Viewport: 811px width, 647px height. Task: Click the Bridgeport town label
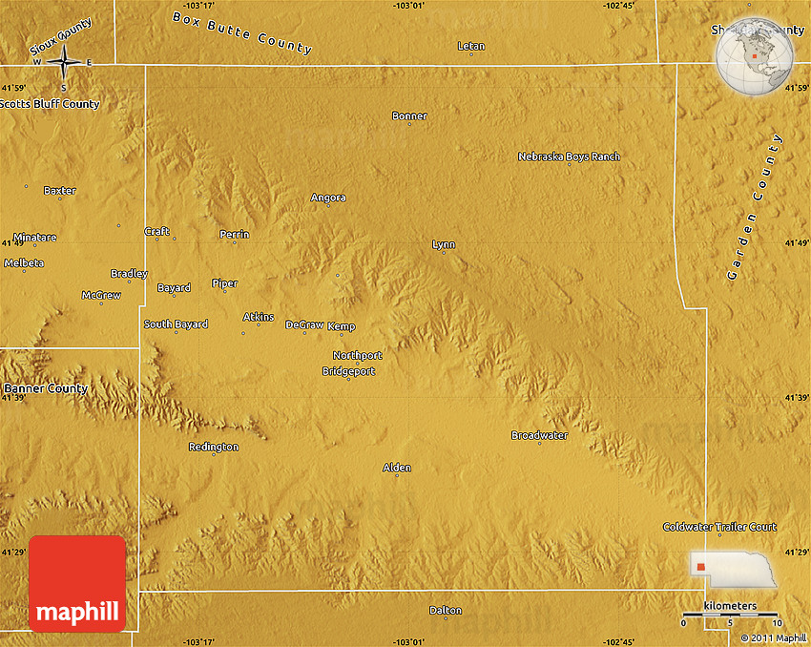(348, 371)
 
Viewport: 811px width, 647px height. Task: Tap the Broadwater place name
(539, 435)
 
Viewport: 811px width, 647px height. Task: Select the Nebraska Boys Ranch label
(569, 157)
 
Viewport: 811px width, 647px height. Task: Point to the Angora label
(328, 198)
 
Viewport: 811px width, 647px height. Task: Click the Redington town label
(213, 447)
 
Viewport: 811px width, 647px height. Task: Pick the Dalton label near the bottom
(446, 610)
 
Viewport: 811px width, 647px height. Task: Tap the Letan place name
(470, 46)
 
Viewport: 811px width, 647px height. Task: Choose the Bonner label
(409, 116)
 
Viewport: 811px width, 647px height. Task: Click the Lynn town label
(444, 244)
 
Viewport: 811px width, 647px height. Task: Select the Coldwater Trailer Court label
(719, 527)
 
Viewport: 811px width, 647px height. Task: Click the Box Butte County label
(242, 32)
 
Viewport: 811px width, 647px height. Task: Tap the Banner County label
(45, 388)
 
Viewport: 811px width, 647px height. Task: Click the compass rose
(64, 63)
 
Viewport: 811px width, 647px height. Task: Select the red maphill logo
(77, 583)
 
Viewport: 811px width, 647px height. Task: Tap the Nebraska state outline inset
(733, 568)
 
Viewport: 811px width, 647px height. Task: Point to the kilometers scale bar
(729, 616)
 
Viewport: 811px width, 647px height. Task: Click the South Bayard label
(176, 324)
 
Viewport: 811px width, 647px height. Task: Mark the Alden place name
(397, 468)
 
